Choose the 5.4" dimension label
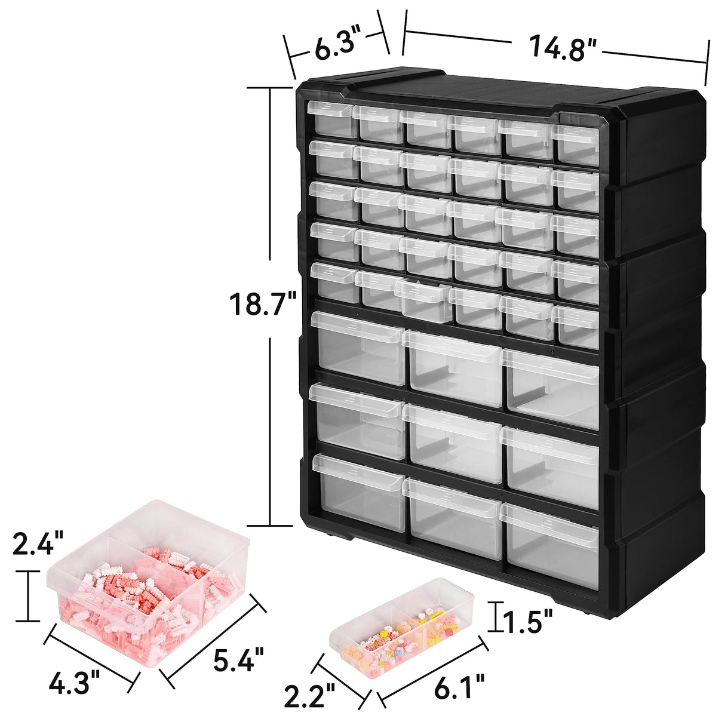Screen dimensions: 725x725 (238, 659)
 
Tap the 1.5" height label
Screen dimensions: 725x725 (524, 623)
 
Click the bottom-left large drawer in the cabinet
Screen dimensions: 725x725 (358, 491)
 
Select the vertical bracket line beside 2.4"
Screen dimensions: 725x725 (27, 595)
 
